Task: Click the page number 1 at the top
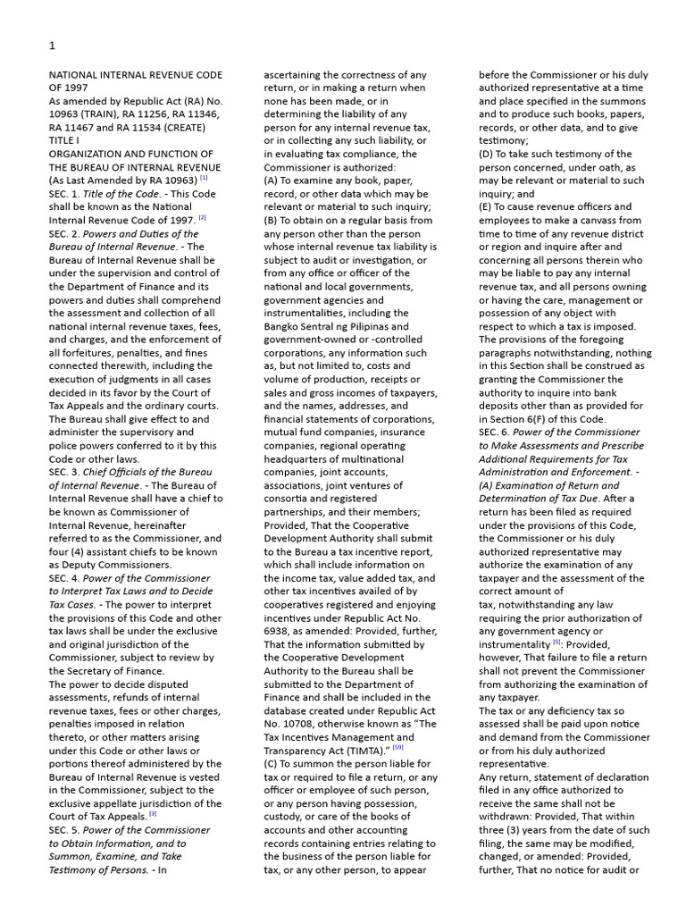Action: pos(52,46)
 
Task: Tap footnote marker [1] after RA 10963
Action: pos(204,178)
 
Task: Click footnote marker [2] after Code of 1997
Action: pos(203,217)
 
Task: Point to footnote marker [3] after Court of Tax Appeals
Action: pos(153,813)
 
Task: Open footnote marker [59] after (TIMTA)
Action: pos(397,747)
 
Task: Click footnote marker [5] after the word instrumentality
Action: pos(556,642)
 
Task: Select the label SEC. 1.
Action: pos(64,194)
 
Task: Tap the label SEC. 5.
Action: pos(64,830)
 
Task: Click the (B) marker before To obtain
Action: pos(272,220)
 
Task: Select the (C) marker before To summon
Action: pos(272,764)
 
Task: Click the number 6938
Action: pos(280,631)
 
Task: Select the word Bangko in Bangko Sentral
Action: pos(283,326)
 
